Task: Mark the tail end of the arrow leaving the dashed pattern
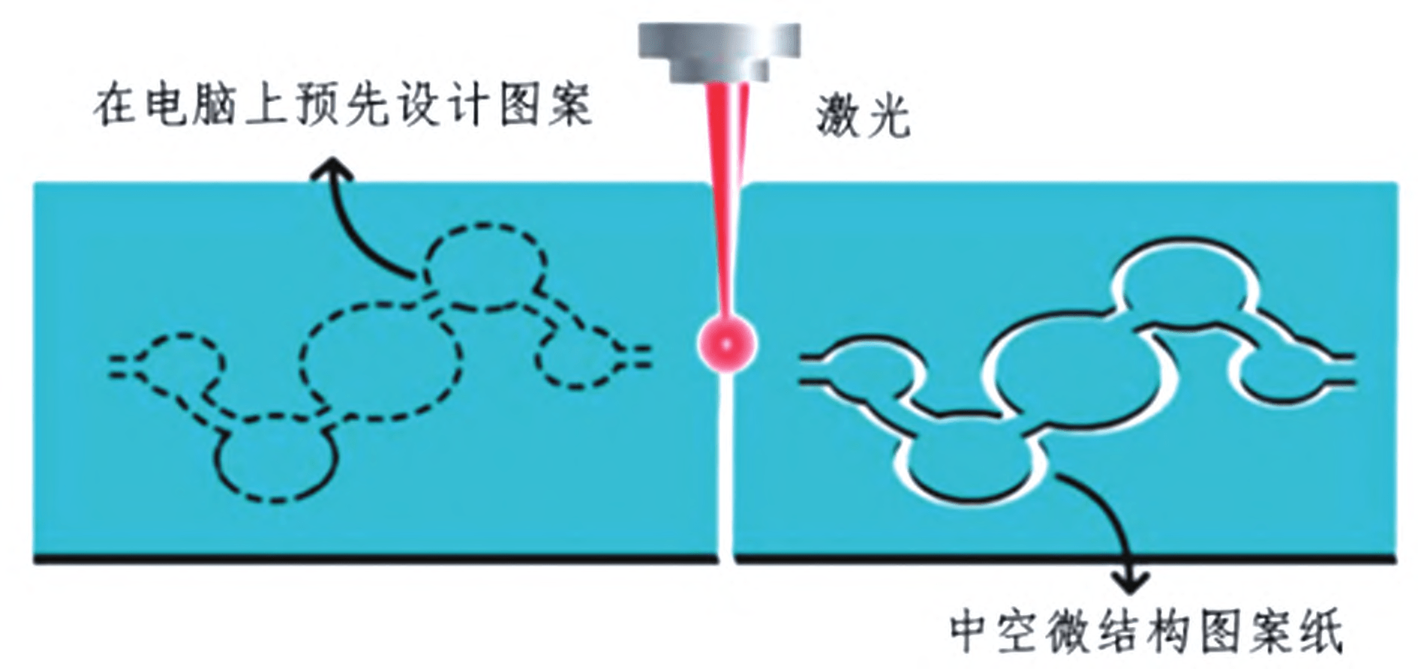[415, 279]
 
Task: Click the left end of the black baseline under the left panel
[35, 559]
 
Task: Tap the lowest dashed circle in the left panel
[276, 457]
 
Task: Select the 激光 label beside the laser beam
[863, 115]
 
